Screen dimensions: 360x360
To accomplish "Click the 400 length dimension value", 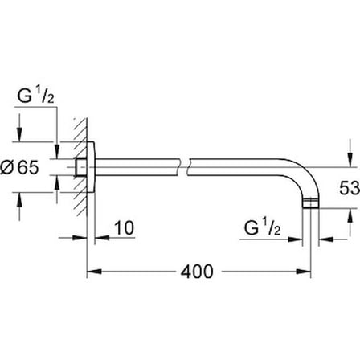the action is click(197, 272).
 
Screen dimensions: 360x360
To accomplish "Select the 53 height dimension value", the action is click(350, 187).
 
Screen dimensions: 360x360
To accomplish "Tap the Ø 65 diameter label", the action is click(19, 167).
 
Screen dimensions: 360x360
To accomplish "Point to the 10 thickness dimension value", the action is click(124, 228).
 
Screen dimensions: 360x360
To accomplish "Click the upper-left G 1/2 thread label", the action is click(35, 96).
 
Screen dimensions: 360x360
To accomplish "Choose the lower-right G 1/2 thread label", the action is click(262, 228).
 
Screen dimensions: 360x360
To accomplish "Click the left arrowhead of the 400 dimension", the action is click(95, 272).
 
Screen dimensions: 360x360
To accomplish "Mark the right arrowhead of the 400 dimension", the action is click(303, 272).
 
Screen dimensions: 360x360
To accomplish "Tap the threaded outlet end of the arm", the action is click(310, 203).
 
